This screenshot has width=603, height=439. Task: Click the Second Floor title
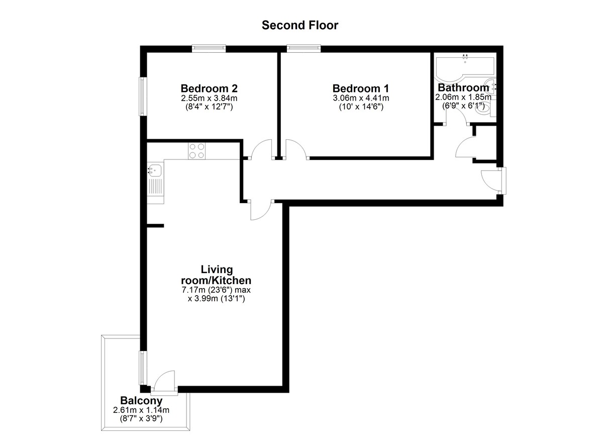click(300, 25)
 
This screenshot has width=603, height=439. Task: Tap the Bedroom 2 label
click(209, 89)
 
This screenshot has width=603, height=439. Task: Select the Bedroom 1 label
click(361, 89)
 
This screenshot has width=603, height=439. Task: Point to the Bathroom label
click(463, 87)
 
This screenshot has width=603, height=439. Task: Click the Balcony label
click(141, 400)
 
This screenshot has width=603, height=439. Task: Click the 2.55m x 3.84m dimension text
click(209, 98)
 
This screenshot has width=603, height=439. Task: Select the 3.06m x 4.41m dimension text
click(361, 98)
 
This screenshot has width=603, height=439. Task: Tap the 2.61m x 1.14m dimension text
click(141, 410)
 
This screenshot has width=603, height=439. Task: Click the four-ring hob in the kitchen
click(197, 151)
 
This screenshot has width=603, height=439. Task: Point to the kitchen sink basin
click(155, 170)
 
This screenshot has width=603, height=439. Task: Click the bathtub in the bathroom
click(465, 69)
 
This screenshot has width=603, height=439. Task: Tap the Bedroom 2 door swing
click(261, 149)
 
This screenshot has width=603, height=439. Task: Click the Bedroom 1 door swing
click(296, 149)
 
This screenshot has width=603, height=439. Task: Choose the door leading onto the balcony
click(165, 380)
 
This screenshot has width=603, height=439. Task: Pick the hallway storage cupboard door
click(465, 147)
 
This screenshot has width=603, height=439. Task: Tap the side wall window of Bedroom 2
click(143, 97)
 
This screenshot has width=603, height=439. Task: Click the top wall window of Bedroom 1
click(304, 48)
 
